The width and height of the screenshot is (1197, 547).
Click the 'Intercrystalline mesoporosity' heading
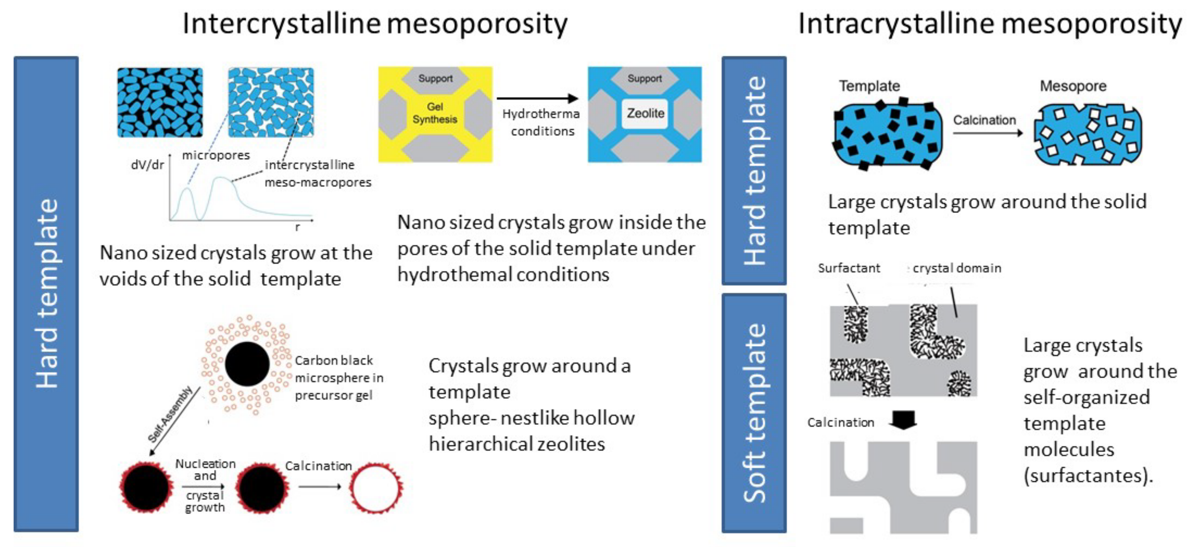[x=374, y=24]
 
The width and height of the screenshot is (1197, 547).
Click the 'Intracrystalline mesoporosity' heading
[x=990, y=24]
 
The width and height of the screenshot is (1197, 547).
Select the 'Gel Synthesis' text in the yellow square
[x=435, y=113]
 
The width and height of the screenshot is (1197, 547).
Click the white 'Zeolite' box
[x=645, y=114]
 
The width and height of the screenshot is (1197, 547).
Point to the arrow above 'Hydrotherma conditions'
[x=538, y=98]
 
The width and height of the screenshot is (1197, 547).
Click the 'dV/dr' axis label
[x=147, y=165]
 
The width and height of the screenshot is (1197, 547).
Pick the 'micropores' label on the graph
[x=216, y=155]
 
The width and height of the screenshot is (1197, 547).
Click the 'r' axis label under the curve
[x=298, y=227]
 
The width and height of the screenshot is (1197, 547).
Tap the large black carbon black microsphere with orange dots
[x=247, y=364]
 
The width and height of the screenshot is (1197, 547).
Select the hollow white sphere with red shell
[x=375, y=488]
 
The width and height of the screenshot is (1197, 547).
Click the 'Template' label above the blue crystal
[x=869, y=86]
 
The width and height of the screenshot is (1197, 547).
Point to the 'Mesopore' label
[x=1072, y=86]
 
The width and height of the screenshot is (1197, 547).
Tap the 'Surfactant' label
[x=849, y=268]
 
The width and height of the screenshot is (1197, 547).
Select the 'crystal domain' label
[x=956, y=268]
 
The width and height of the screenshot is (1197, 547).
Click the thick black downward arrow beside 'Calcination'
[x=903, y=419]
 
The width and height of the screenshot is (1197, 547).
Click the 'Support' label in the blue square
[x=645, y=79]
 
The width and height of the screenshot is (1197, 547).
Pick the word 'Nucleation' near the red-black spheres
[x=205, y=464]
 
